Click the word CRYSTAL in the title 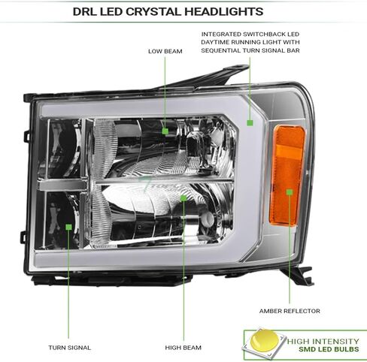click(155, 11)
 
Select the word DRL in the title click(85, 11)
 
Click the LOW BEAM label click(165, 51)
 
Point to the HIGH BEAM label click(183, 348)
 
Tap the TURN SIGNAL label click(70, 348)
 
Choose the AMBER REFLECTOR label click(290, 311)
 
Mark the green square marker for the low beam click(165, 131)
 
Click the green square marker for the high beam click(183, 198)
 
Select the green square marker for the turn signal click(68, 227)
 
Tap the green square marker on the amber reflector click(290, 192)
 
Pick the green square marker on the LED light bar click(250, 122)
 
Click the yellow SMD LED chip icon click(264, 342)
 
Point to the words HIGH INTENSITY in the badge click(323, 341)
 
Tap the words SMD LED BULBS click(329, 349)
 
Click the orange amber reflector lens click(287, 175)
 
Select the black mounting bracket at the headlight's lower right click(299, 276)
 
